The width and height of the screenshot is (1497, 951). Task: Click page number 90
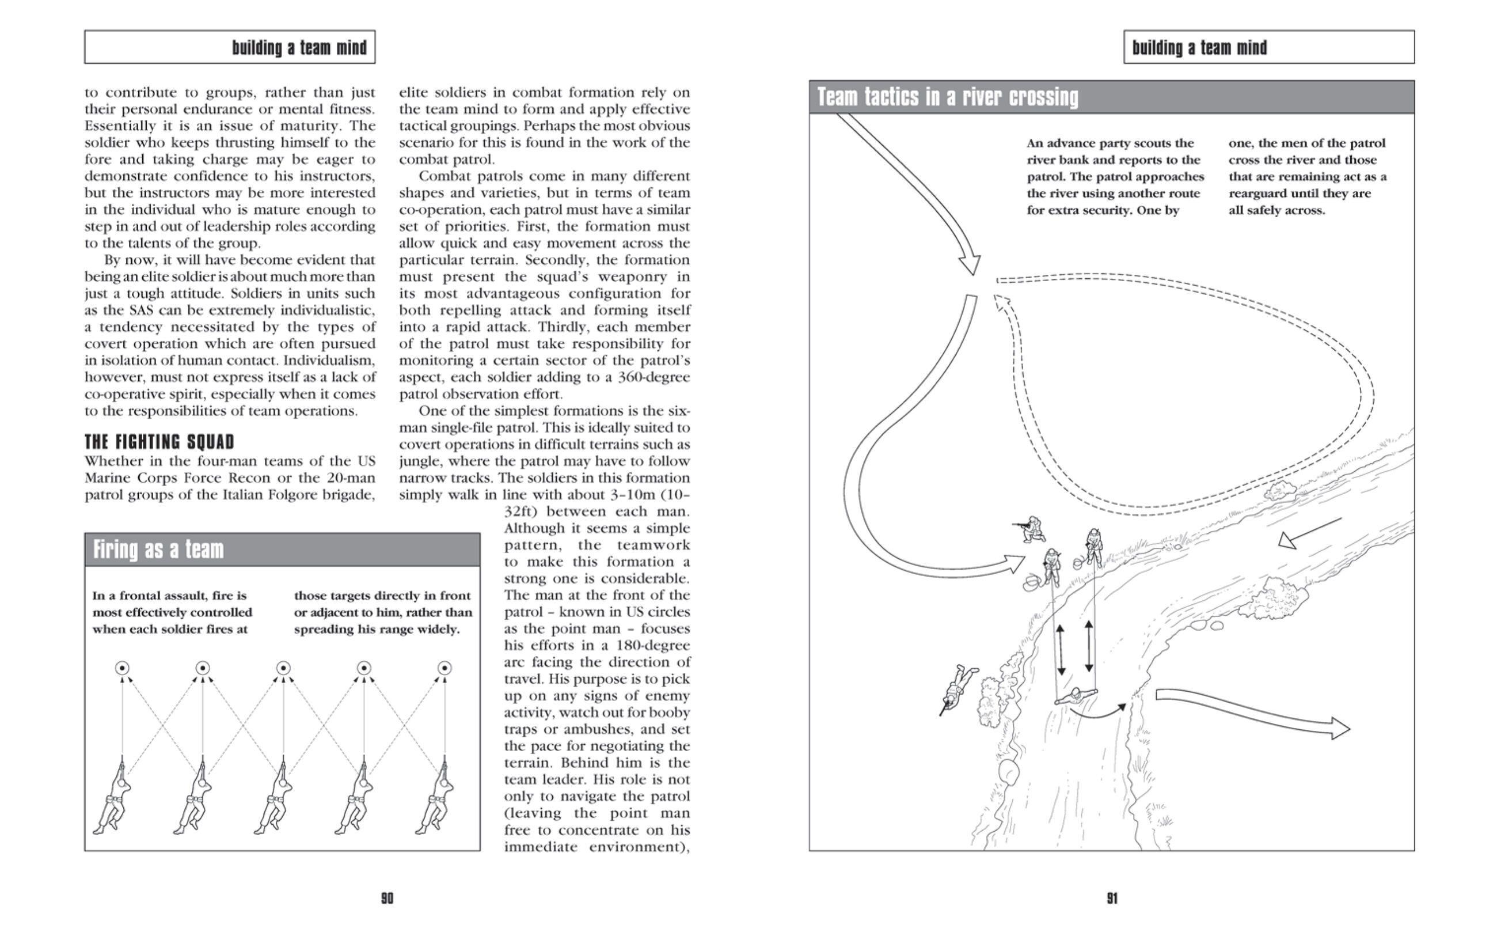click(387, 897)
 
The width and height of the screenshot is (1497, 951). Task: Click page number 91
click(1112, 897)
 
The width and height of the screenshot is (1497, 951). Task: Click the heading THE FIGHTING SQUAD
click(159, 442)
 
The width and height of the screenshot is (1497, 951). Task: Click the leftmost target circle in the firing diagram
click(123, 668)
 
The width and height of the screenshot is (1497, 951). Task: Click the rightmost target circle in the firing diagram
click(444, 668)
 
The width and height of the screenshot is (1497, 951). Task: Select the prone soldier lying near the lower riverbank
click(958, 688)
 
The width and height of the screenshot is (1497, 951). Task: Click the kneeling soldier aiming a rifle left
click(1031, 529)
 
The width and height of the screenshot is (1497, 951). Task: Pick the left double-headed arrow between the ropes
click(1061, 650)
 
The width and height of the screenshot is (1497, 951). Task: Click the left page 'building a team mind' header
click(299, 48)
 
